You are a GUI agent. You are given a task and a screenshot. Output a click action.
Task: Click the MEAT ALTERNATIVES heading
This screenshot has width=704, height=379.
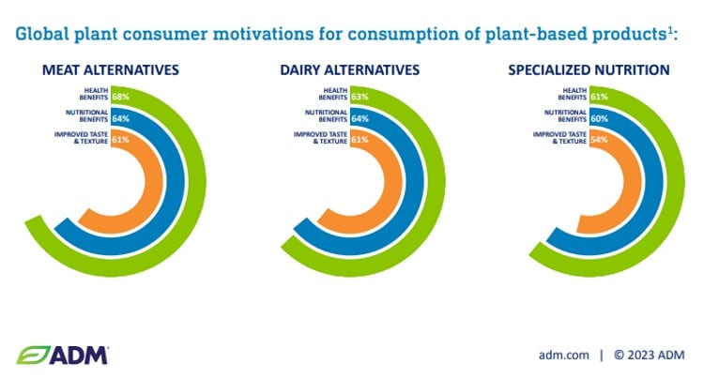coord(111,70)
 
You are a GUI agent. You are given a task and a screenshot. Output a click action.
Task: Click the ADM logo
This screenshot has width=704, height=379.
coord(63,355)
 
